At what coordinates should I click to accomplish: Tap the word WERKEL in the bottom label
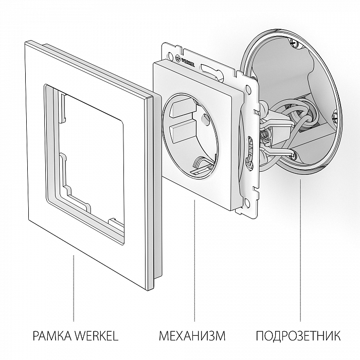(x=97, y=336)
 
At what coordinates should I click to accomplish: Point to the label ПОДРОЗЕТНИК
(x=298, y=336)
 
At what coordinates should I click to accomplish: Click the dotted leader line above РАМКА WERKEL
(x=75, y=288)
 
